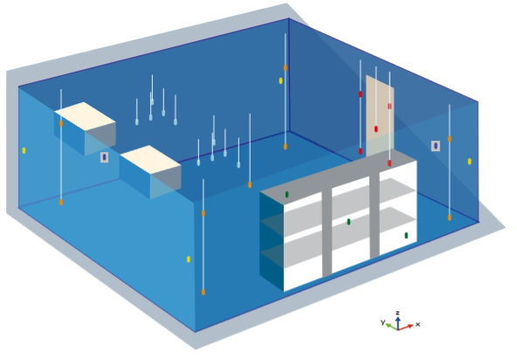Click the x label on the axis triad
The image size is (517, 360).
417,324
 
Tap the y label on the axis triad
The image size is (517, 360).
383,322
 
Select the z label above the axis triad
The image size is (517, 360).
398,313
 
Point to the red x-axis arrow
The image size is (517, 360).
406,327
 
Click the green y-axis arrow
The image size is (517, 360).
392,327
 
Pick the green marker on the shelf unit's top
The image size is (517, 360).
286,195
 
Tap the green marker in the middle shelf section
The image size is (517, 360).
348,222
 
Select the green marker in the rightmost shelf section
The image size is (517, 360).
406,235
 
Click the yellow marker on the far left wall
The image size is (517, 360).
24,150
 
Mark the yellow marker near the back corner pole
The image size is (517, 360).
281,80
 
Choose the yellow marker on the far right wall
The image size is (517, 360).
470,162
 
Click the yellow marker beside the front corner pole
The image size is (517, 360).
189,259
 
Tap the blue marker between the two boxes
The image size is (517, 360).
105,157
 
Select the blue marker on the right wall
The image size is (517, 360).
436,146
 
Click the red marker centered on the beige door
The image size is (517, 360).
376,128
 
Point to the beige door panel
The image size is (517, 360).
380,115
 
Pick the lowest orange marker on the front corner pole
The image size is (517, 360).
203,292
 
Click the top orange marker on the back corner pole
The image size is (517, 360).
286,67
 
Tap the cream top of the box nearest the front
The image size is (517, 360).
150,159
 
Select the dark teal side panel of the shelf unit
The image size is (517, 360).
272,241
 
